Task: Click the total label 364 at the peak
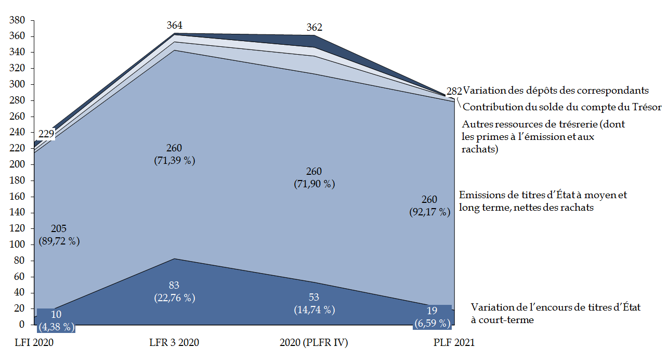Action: tap(175, 25)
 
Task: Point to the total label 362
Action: tap(314, 28)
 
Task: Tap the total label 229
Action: tap(46, 134)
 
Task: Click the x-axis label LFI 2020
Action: tap(35, 343)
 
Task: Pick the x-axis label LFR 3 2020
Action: tap(174, 343)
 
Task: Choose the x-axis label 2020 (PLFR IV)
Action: tap(313, 343)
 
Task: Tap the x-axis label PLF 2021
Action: tap(454, 343)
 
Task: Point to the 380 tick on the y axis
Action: tap(18, 20)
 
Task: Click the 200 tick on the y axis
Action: tap(18, 164)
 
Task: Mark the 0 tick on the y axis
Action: tap(22, 325)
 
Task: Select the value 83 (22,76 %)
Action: tap(174, 291)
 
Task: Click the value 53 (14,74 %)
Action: tap(313, 303)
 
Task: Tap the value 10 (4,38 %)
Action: tap(56, 321)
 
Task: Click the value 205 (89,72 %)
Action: tap(59, 235)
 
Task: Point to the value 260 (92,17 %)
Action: tap(429, 205)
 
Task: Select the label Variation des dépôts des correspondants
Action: tap(556, 90)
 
